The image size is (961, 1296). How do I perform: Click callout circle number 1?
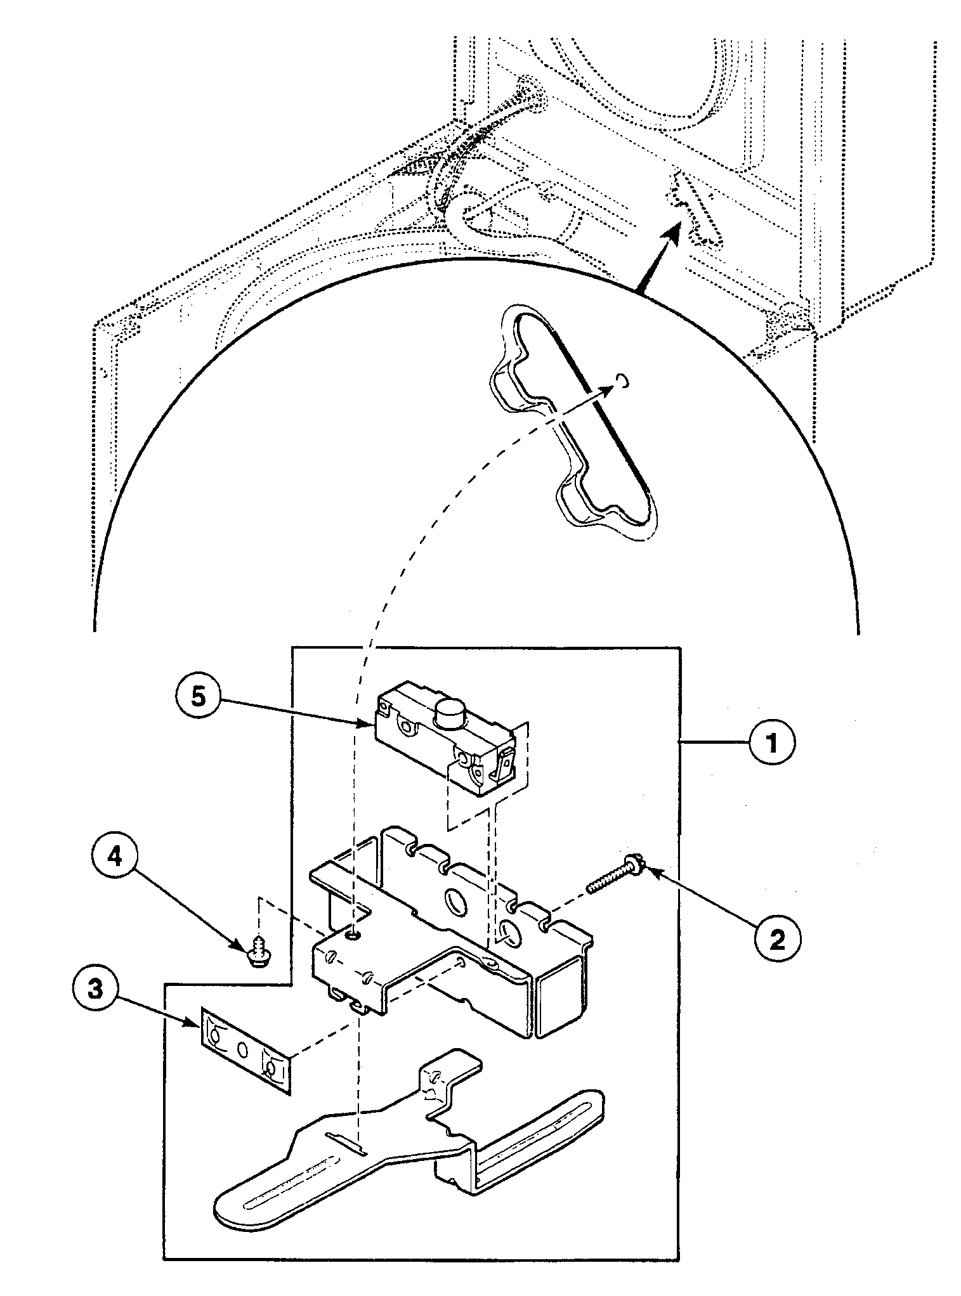point(772,742)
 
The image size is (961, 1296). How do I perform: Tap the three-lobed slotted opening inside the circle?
point(571,418)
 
